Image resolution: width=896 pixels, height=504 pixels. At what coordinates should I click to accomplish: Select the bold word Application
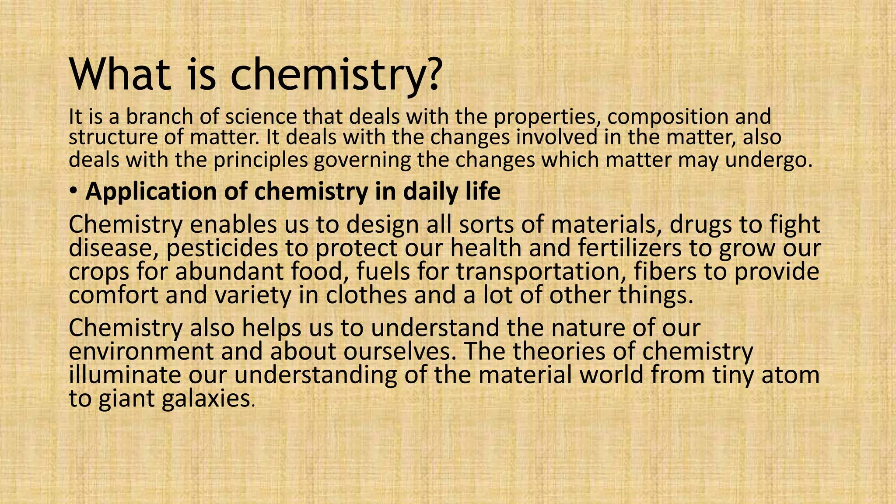(x=151, y=192)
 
